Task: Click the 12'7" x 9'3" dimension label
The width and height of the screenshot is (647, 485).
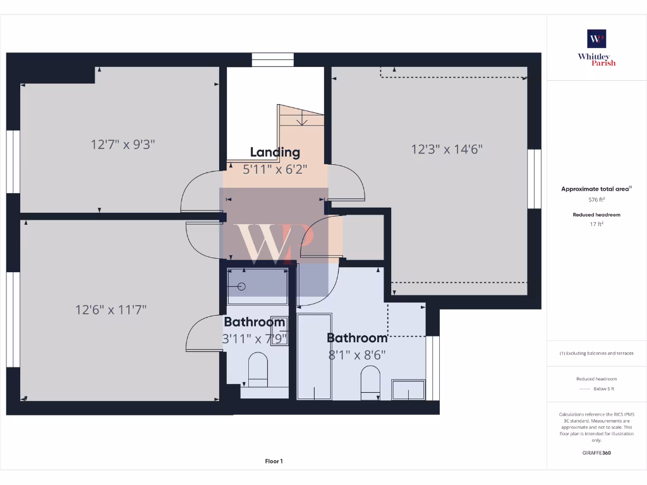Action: (x=123, y=145)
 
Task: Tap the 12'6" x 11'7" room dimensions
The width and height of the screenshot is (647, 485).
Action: (x=111, y=310)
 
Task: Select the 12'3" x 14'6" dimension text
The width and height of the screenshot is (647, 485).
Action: (x=447, y=150)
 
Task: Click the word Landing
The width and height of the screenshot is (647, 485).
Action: (x=275, y=152)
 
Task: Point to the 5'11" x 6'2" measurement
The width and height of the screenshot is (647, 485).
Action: (x=275, y=169)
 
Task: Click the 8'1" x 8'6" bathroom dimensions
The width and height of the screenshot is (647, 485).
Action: (x=357, y=355)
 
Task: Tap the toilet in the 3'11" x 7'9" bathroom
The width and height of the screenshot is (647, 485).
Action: (x=258, y=369)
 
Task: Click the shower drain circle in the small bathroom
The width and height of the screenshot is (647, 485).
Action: (x=241, y=286)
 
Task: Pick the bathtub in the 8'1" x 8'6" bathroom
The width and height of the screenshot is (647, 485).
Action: (x=315, y=356)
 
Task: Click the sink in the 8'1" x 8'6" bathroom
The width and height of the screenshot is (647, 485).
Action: (x=408, y=390)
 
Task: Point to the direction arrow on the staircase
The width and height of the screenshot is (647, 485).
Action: (x=303, y=117)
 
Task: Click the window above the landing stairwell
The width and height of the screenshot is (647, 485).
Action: (x=273, y=60)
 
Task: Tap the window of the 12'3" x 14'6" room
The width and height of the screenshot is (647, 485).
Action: (x=535, y=179)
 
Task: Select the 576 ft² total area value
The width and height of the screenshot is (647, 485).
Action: (x=596, y=200)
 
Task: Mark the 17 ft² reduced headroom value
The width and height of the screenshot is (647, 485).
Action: (x=596, y=224)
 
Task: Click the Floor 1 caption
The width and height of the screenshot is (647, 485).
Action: (x=274, y=461)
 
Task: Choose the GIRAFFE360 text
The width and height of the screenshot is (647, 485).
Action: (x=596, y=453)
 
